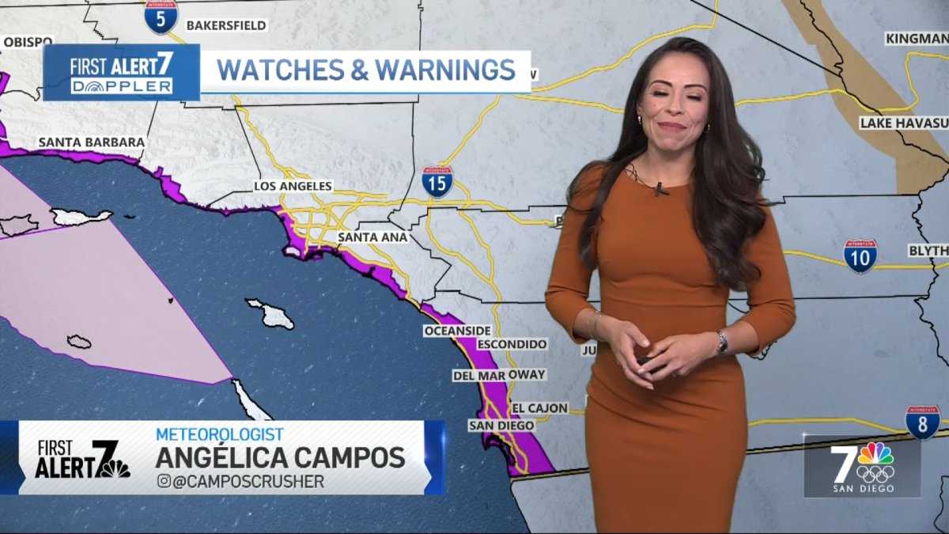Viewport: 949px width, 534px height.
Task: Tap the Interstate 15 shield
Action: tap(437, 182)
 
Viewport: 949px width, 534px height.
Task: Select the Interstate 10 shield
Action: tap(860, 256)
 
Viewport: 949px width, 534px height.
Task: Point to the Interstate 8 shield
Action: tap(922, 422)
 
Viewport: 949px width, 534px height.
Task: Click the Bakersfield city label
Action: tap(226, 25)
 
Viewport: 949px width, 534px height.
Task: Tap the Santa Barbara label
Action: tap(92, 142)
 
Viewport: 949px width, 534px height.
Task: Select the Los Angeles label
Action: tap(293, 186)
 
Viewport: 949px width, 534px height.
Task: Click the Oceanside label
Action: tap(457, 330)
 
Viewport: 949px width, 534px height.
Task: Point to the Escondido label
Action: tap(512, 344)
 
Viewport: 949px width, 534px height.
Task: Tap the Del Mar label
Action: tap(479, 375)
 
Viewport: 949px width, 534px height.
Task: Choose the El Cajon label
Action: tap(540, 408)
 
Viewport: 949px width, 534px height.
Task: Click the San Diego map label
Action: tap(501, 426)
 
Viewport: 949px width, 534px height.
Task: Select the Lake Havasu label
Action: tap(903, 123)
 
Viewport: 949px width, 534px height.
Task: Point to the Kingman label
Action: tap(916, 38)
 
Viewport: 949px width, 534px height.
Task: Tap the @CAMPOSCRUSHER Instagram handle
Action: tap(240, 481)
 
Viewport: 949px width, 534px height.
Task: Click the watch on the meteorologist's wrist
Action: tap(722, 342)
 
